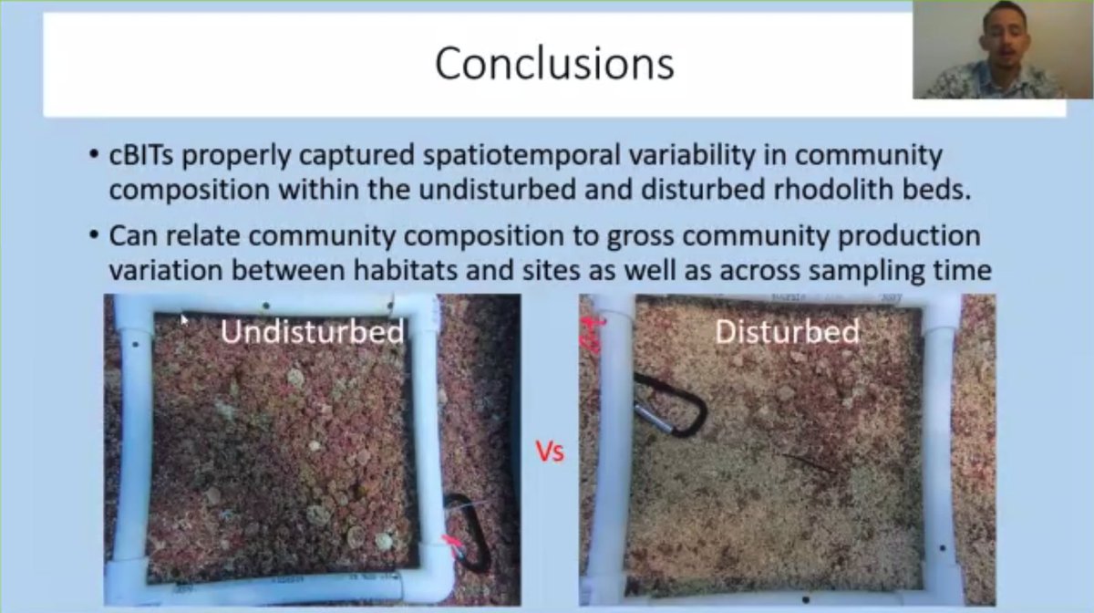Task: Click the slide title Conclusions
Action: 554,64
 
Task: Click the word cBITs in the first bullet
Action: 140,155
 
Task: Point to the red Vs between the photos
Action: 550,452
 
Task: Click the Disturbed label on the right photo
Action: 786,331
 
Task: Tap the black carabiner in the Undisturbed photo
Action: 468,534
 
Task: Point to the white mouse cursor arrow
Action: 183,318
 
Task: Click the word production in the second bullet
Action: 893,236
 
